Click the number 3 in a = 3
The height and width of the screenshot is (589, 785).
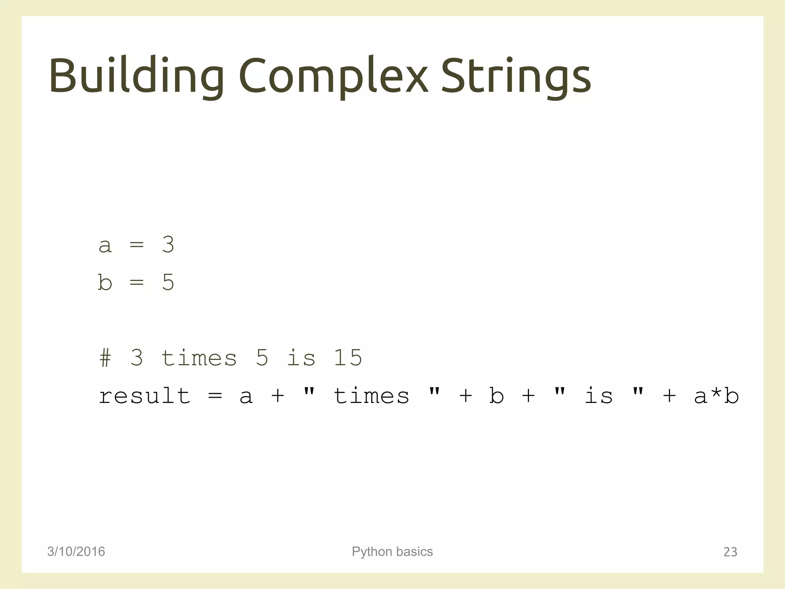(x=168, y=244)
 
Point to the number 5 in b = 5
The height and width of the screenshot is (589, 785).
(x=168, y=282)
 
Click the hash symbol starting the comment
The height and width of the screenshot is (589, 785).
(x=105, y=358)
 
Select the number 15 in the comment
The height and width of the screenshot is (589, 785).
(x=348, y=358)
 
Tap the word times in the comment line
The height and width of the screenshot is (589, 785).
(x=199, y=358)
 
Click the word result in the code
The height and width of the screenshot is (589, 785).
(x=145, y=396)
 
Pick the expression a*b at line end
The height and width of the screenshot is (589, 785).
(x=716, y=396)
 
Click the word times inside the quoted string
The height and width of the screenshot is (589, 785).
(x=371, y=396)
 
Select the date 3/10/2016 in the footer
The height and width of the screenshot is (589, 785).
(x=76, y=551)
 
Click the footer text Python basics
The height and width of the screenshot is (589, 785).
(x=392, y=551)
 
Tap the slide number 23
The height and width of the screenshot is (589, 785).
(x=730, y=552)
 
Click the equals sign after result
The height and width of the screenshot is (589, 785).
(x=215, y=396)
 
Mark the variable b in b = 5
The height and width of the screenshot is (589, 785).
(x=105, y=282)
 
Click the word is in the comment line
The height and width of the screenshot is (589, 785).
(x=301, y=358)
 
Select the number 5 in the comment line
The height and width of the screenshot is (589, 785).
(x=262, y=358)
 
